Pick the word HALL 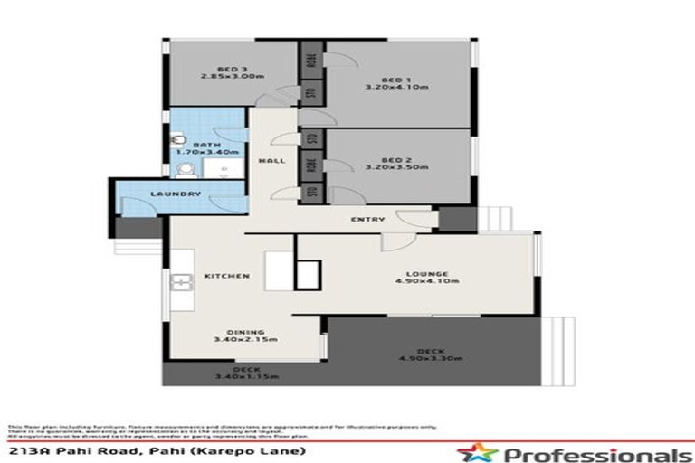[x=271, y=160]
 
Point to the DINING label [x=244, y=331]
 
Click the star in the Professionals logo [x=471, y=452]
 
